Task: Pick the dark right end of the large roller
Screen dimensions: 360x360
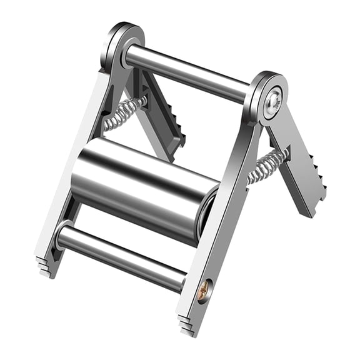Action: [x=206, y=216]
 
